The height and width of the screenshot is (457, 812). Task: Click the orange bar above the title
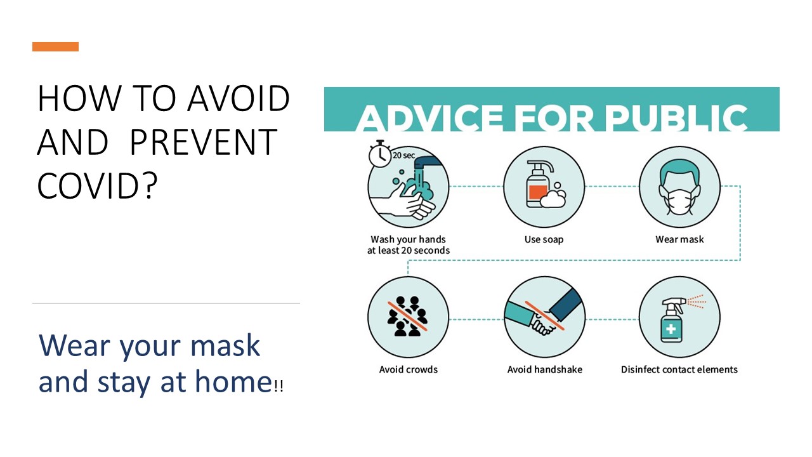click(x=55, y=46)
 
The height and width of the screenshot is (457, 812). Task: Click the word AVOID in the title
click(x=239, y=98)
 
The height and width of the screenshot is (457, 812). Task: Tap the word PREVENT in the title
click(x=204, y=142)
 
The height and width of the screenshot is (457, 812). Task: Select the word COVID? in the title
click(x=97, y=186)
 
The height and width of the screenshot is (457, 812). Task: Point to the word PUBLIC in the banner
click(x=677, y=118)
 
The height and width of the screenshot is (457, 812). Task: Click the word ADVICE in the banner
click(x=429, y=118)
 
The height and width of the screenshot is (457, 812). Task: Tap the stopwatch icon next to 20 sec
click(x=379, y=154)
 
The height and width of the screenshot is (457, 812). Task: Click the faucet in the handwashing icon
click(x=428, y=163)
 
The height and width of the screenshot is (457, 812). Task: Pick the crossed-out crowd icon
click(x=408, y=316)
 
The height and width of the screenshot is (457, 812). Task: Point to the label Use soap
click(x=544, y=239)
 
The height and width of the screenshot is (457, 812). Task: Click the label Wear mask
click(x=679, y=239)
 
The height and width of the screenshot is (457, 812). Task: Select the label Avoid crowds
click(x=408, y=369)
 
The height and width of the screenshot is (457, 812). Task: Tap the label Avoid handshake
click(x=544, y=369)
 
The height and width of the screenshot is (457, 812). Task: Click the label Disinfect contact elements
click(x=679, y=369)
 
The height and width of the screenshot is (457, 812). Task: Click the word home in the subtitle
click(x=233, y=381)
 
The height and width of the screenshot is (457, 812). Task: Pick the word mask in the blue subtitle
click(x=225, y=345)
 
